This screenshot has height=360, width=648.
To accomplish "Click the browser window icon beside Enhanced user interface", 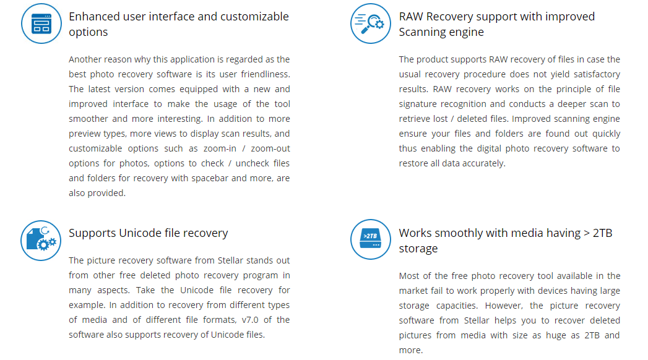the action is pos(41,24).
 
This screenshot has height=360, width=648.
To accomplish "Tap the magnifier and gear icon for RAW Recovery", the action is pos(371,24).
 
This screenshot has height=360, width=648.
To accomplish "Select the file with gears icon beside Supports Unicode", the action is pos(41,240).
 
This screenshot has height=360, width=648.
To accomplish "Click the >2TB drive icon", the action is pos(371,239).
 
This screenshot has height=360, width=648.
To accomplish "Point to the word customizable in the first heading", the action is pos(255,16).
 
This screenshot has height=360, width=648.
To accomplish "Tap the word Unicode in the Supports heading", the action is pos(145,233).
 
